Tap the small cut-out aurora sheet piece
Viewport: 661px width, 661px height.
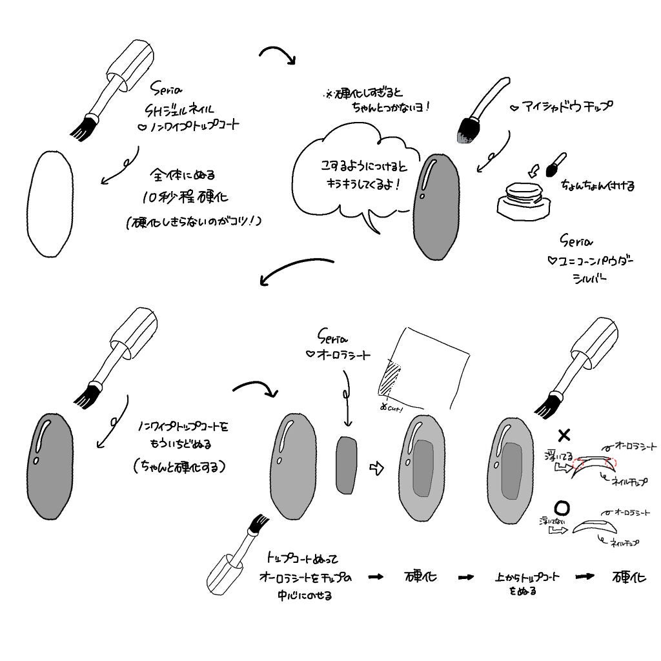click(347, 464)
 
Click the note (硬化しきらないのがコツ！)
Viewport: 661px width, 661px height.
click(194, 221)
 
